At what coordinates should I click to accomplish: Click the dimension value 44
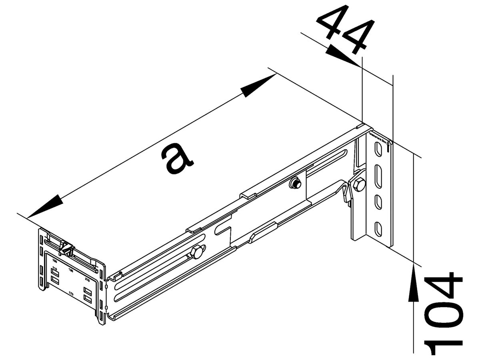tap(346, 30)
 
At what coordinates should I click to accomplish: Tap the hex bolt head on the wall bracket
tap(359, 184)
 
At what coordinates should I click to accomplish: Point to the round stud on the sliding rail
tap(295, 184)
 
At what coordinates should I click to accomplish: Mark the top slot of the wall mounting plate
tap(377, 150)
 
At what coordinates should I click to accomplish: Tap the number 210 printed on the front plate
tap(87, 280)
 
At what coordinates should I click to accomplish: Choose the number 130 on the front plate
tap(71, 271)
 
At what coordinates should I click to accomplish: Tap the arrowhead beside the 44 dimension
tap(340, 56)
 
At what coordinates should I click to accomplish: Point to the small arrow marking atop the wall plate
tap(388, 146)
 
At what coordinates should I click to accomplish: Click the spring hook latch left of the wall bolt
tap(346, 192)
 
